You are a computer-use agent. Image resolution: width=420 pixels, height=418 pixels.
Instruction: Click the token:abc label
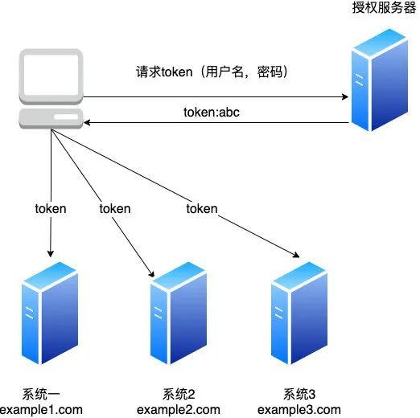click(212, 113)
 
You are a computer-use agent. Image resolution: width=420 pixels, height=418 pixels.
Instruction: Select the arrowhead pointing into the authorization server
click(344, 96)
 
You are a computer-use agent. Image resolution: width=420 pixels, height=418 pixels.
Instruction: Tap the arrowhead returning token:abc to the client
click(88, 123)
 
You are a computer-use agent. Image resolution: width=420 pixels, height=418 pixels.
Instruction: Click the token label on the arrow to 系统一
click(51, 208)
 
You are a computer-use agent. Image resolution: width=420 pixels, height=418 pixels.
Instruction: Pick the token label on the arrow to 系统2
click(114, 208)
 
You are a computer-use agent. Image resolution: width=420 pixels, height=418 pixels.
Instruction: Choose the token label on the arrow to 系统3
click(201, 208)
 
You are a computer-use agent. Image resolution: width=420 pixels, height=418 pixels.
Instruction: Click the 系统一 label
click(43, 393)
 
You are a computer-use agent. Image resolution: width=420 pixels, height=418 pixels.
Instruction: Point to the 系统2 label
click(179, 394)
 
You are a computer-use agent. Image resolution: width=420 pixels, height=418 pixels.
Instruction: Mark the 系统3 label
click(300, 394)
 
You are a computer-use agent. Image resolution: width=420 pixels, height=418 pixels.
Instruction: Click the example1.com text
click(42, 410)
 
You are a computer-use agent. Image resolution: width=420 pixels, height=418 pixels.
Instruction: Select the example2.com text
click(179, 410)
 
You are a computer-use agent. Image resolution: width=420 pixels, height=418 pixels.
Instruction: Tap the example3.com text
click(300, 410)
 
